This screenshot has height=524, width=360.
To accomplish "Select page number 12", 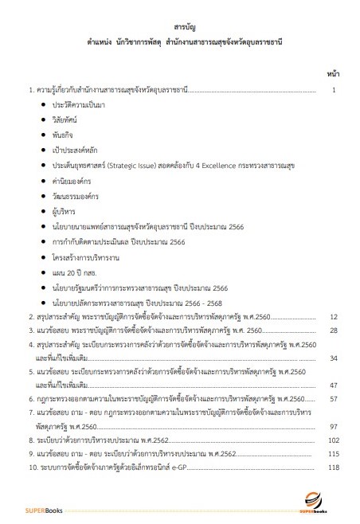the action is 335,316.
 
